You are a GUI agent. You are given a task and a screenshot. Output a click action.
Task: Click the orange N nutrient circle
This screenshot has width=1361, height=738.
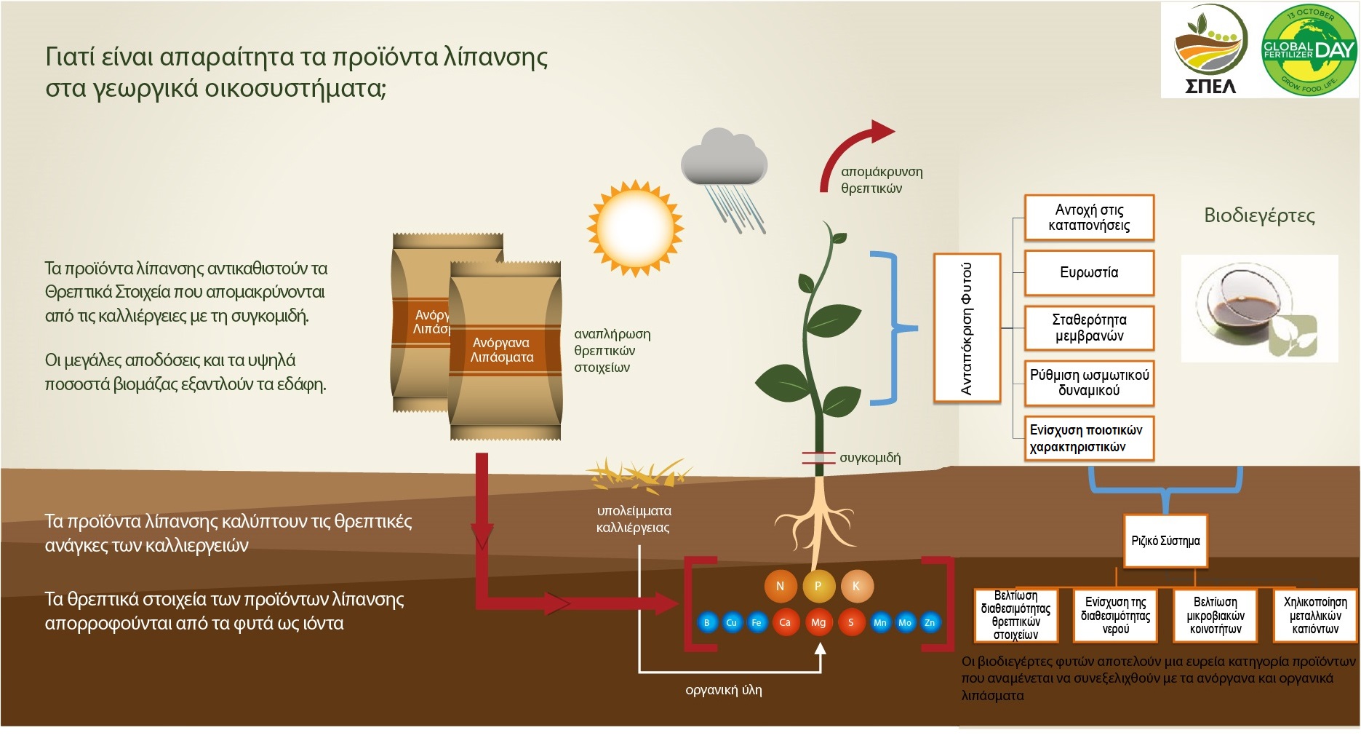click(780, 586)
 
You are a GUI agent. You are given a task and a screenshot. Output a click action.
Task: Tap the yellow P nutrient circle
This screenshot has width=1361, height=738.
click(818, 586)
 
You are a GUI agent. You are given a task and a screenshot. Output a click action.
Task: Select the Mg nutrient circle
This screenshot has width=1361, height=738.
click(818, 622)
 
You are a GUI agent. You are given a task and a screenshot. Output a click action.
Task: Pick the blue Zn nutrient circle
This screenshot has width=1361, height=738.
click(930, 622)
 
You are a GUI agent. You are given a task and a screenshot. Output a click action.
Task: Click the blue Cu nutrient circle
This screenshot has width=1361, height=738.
click(732, 622)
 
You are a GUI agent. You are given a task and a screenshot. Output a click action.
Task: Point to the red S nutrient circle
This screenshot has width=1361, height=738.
click(851, 622)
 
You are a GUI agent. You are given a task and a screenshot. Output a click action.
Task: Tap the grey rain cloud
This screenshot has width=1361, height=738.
click(724, 157)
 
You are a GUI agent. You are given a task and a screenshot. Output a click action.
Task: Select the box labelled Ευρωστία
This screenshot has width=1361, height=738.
click(1089, 273)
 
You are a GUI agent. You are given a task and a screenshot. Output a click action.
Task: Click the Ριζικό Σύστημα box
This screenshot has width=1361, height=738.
click(1165, 541)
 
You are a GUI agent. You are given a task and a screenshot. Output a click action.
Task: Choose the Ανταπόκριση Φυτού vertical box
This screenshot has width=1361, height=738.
click(967, 328)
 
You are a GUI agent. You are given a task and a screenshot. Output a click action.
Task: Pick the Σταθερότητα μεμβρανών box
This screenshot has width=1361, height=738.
click(1089, 328)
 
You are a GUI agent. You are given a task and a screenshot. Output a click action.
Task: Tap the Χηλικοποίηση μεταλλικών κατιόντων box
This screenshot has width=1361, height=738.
click(1315, 616)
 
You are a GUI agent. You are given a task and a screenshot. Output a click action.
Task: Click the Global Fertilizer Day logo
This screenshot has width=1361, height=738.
click(1309, 49)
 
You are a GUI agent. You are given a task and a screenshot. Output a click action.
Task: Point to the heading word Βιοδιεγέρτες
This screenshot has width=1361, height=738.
click(1259, 215)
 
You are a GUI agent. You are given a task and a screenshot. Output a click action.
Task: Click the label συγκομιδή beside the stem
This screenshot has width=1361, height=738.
click(870, 458)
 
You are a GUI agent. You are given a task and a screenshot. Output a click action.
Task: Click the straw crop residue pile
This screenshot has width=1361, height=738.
click(634, 477)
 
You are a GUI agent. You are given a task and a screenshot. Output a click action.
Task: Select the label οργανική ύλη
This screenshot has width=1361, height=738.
click(724, 690)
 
